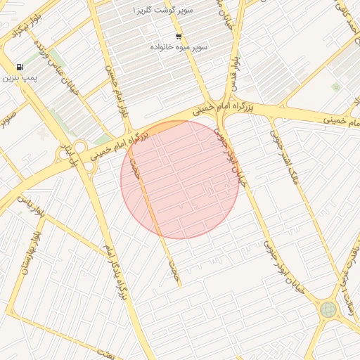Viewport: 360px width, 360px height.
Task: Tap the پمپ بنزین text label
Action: click(x=18, y=77)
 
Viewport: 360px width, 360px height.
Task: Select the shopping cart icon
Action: click(x=179, y=37)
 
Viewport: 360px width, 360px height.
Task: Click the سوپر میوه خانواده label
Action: click(x=179, y=46)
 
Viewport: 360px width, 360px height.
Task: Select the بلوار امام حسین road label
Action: click(x=117, y=92)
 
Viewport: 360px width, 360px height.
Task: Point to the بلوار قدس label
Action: click(x=232, y=74)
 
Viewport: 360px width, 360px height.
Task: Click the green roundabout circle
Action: click(x=328, y=309)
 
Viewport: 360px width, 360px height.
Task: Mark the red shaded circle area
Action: click(x=181, y=179)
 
